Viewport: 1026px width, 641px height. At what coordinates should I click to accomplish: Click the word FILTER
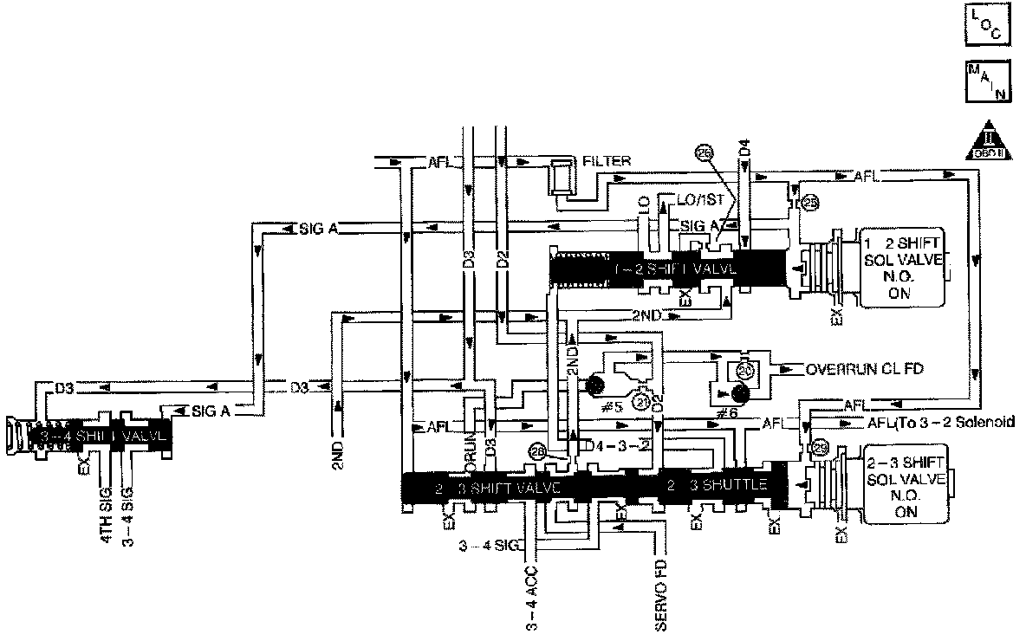[x=607, y=160]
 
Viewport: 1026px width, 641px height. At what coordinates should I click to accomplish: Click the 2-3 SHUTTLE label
[x=717, y=485]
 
